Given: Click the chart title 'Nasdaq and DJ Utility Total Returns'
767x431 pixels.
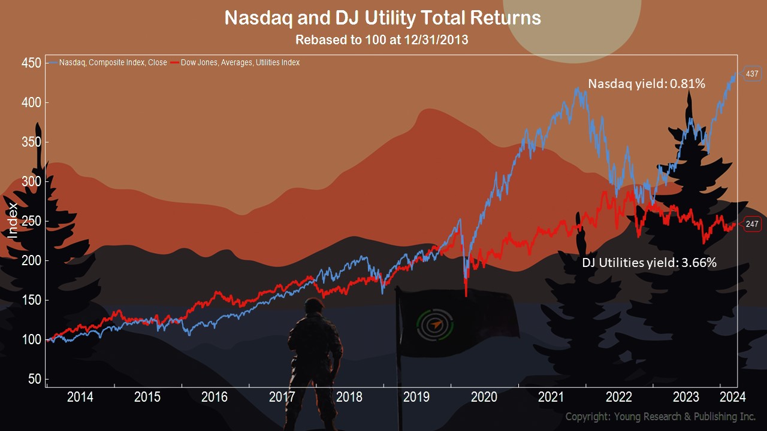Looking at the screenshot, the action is tap(382, 18).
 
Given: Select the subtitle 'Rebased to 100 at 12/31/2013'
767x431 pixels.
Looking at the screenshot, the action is tap(382, 40).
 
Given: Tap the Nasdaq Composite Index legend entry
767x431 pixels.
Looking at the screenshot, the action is tap(108, 63).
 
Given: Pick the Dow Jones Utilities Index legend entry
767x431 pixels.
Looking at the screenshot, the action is tap(235, 63).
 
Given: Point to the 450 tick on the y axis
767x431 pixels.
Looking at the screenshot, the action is tap(31, 63).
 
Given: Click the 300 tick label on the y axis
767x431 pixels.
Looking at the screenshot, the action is tap(31, 181).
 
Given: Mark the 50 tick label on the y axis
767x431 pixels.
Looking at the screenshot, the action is tap(35, 379).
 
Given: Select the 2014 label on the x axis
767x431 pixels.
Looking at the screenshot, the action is tap(80, 397).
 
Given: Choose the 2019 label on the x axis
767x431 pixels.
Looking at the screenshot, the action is tap(416, 397).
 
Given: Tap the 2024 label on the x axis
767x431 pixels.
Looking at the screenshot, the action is tap(733, 397).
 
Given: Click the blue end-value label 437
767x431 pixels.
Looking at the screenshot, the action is tap(752, 74).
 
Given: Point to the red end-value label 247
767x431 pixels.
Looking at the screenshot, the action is tap(752, 224).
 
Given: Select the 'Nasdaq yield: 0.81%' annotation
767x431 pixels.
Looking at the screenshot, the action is tap(647, 84).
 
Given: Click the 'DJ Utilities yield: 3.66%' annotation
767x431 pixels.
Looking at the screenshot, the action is tap(649, 263).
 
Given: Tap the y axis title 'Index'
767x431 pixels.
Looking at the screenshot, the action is tap(13, 221).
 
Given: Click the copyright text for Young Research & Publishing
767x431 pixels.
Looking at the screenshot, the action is tap(660, 417).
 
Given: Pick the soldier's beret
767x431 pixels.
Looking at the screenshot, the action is tap(314, 303).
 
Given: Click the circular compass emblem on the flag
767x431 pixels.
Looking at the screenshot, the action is tap(435, 324).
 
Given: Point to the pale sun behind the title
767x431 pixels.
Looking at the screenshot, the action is tap(572, 26).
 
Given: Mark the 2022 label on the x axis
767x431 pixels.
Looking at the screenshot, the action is tap(619, 397).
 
